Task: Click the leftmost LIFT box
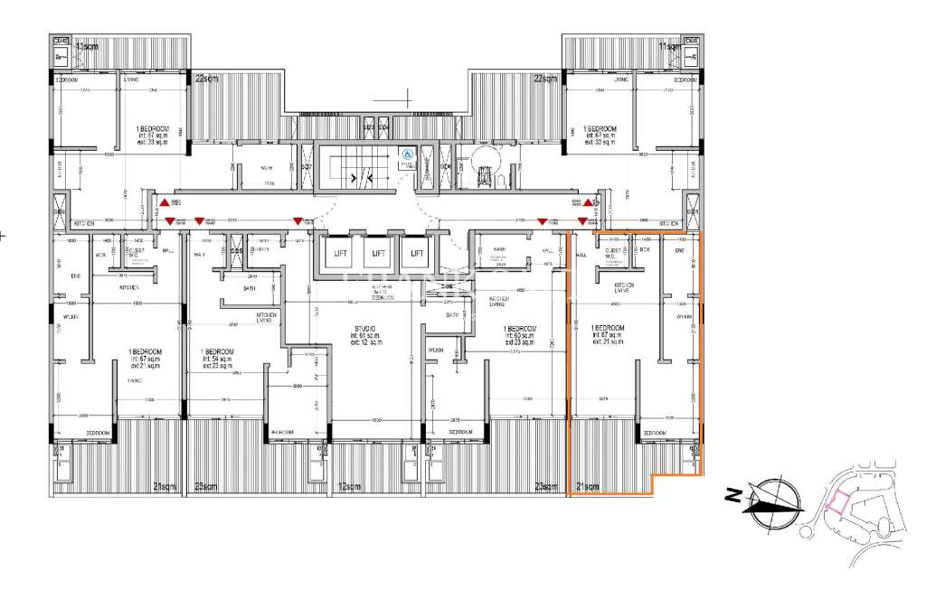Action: (341, 254)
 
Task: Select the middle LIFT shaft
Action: (379, 254)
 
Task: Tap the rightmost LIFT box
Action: (416, 254)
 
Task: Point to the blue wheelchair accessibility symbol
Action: (408, 154)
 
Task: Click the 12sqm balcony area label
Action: (351, 488)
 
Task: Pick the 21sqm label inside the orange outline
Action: (588, 488)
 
